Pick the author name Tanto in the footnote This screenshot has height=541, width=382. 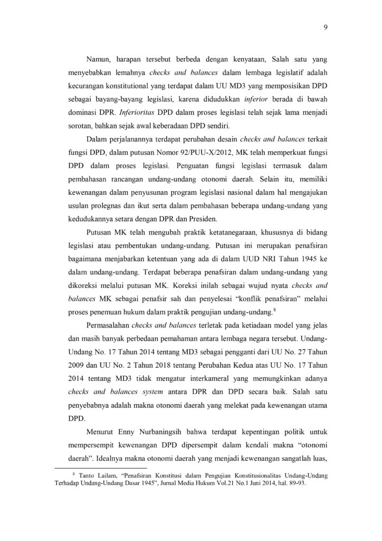pos(90,477)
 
